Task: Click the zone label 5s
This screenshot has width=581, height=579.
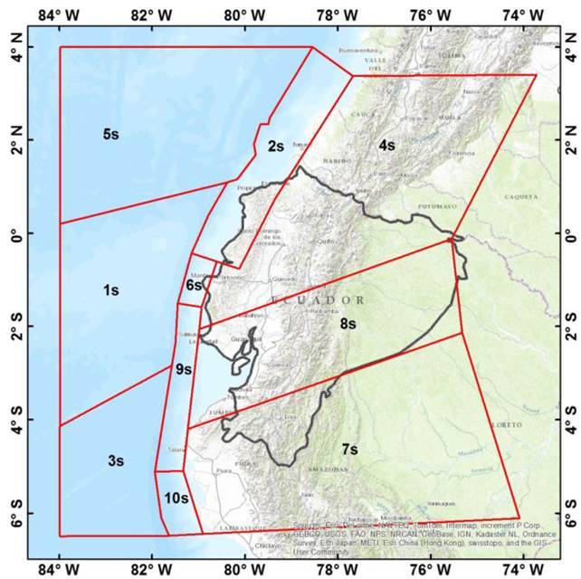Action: pos(110,134)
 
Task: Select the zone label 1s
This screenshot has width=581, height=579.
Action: pos(110,290)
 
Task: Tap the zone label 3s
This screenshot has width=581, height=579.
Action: pos(115,460)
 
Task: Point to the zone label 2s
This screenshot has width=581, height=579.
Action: pos(276,146)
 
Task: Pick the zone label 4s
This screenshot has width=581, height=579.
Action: pos(386,145)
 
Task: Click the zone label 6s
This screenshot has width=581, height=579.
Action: pos(195,285)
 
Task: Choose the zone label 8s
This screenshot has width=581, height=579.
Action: pos(350,323)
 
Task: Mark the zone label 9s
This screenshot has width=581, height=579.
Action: pos(184,369)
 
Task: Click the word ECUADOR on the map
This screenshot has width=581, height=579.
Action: pos(318,299)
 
